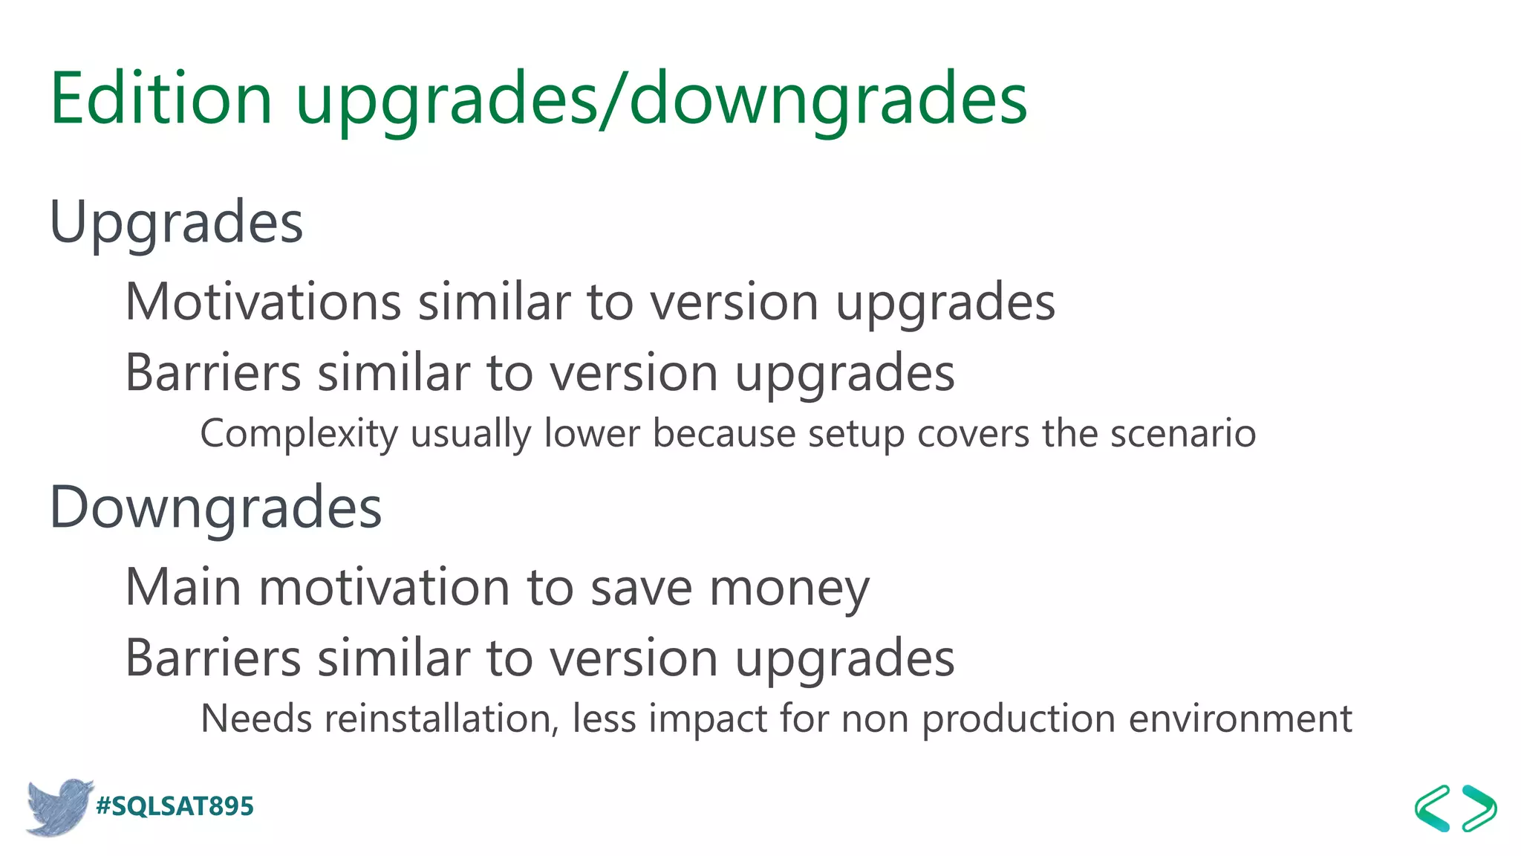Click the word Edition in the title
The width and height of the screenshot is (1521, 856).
point(161,98)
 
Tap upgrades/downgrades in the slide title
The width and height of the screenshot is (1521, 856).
point(661,100)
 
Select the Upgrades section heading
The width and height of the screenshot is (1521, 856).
point(176,222)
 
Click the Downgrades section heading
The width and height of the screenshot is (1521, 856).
point(215,508)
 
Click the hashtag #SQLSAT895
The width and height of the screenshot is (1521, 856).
point(175,806)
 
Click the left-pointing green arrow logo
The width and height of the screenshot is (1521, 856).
point(1431,808)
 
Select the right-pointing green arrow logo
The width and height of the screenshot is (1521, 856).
point(1479,808)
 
